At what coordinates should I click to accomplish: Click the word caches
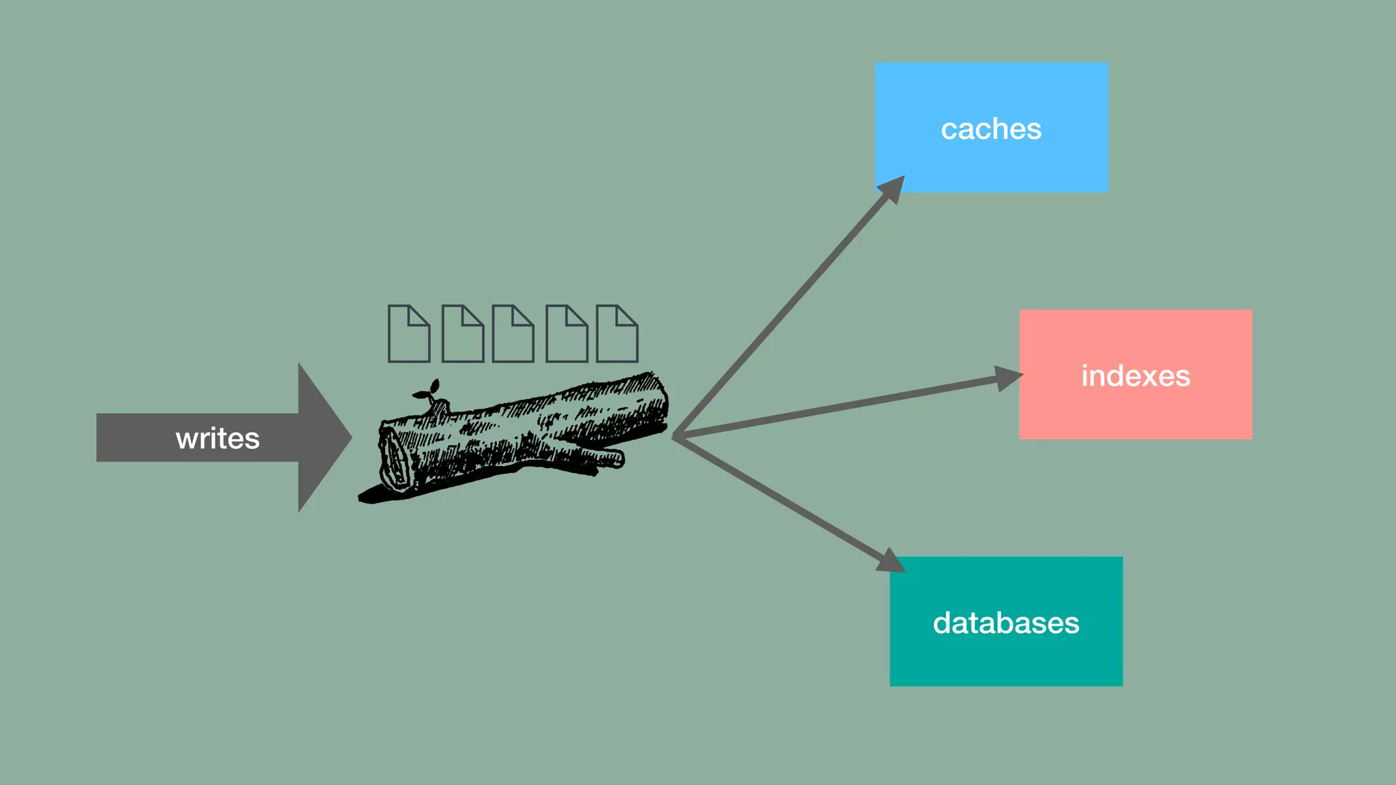pyautogui.click(x=991, y=129)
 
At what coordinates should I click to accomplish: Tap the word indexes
pyautogui.click(x=1136, y=376)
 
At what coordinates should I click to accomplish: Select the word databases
pyautogui.click(x=1006, y=623)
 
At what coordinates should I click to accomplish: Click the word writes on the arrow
pyautogui.click(x=217, y=438)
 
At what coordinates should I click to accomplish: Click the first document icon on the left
pyautogui.click(x=409, y=334)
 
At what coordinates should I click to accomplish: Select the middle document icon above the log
pyautogui.click(x=513, y=334)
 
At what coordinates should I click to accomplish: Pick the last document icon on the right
pyautogui.click(x=617, y=334)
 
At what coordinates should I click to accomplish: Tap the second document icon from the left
pyautogui.click(x=463, y=334)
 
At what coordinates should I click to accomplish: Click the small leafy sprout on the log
pyautogui.click(x=427, y=392)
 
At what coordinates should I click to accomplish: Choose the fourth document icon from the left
pyautogui.click(x=566, y=334)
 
